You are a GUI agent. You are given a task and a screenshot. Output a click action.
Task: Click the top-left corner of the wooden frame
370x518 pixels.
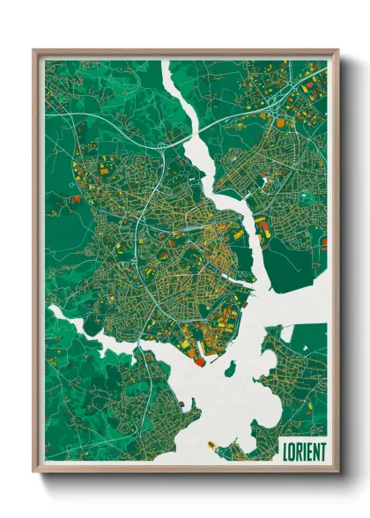pyautogui.click(x=35, y=51)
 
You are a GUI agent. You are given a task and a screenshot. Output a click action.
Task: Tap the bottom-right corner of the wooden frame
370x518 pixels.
pyautogui.click(x=337, y=470)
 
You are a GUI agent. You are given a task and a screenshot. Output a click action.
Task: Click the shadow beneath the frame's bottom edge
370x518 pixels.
pyautogui.click(x=186, y=480)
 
